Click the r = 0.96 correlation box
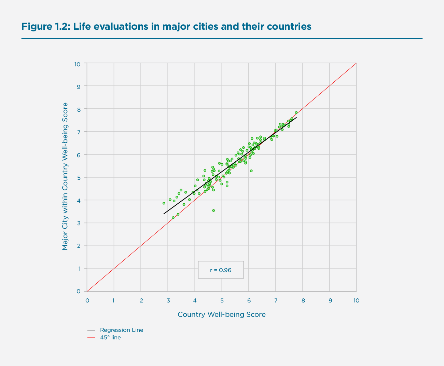tap(221, 270)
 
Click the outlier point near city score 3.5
tap(213, 211)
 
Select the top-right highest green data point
tap(296, 112)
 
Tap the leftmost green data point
tap(164, 203)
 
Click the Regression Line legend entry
tap(121, 330)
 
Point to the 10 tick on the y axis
tap(78, 64)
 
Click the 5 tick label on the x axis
tap(222, 300)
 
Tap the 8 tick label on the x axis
tap(303, 300)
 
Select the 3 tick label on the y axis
tap(79, 223)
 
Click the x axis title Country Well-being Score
tap(221, 314)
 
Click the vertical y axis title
tap(65, 176)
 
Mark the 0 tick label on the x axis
tap(87, 300)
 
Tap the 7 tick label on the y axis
tap(79, 132)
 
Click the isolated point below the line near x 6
tap(251, 171)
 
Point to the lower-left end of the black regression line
tap(164, 214)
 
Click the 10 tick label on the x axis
tap(356, 300)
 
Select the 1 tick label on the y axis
tap(79, 269)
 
